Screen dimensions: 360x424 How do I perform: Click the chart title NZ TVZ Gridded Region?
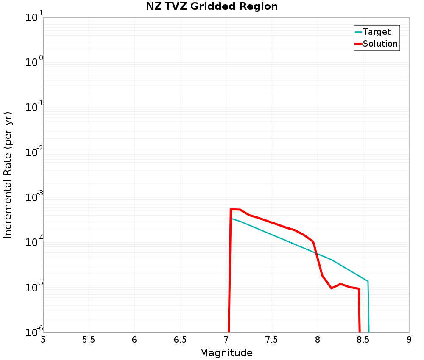click(x=212, y=7)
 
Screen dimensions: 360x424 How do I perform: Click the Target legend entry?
click(x=377, y=32)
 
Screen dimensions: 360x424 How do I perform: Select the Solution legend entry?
click(x=380, y=44)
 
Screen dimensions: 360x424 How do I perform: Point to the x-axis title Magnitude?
click(x=226, y=352)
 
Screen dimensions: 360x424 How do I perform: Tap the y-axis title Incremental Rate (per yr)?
click(x=8, y=175)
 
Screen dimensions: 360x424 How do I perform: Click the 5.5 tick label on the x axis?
click(x=89, y=340)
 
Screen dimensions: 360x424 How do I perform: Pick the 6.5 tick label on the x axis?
click(x=180, y=340)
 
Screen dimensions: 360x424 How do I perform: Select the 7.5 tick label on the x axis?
click(x=272, y=340)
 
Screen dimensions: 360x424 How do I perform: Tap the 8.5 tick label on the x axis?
click(x=363, y=340)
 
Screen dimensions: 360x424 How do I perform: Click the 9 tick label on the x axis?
click(x=409, y=340)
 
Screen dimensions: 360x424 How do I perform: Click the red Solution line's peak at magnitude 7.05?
click(x=231, y=209)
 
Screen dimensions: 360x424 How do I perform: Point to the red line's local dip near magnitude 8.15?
click(x=332, y=288)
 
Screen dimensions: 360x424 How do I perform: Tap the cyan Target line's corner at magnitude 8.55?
click(x=368, y=281)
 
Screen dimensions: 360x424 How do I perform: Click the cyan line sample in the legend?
click(x=358, y=32)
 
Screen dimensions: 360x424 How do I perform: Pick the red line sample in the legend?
click(x=358, y=44)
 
